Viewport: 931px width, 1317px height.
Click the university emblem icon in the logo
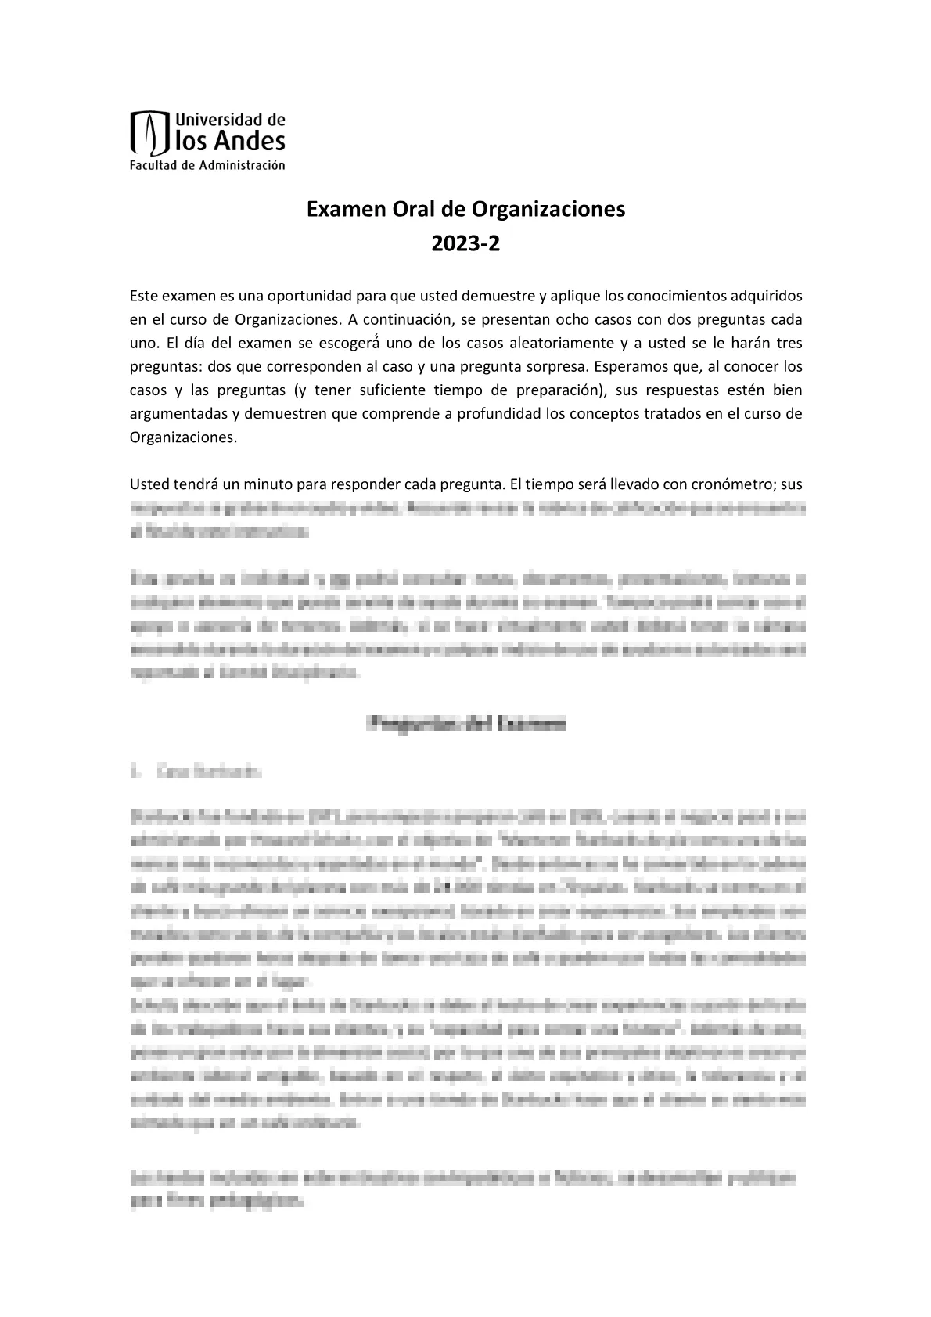point(150,133)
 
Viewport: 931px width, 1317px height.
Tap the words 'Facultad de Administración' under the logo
point(207,165)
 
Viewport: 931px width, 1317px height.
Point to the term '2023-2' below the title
point(465,245)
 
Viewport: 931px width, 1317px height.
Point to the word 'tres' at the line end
point(788,343)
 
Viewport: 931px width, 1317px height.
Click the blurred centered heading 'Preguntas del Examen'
point(465,724)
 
